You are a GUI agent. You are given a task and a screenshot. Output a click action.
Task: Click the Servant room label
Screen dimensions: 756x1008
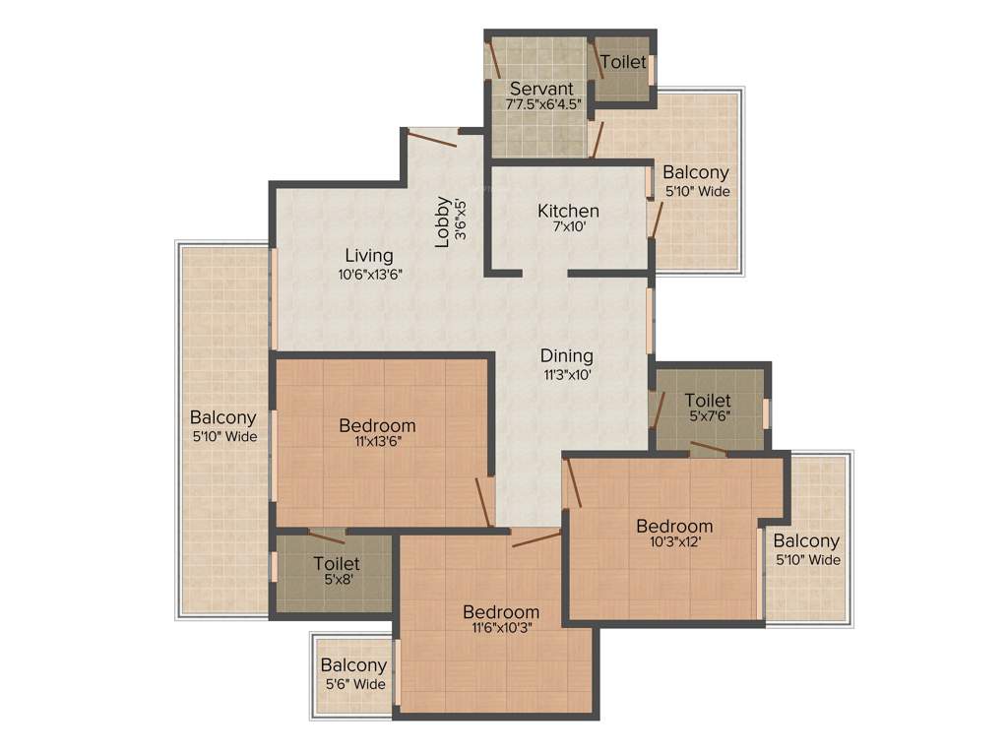click(x=541, y=89)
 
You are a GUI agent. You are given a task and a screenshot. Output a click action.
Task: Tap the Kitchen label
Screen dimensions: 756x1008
click(x=568, y=211)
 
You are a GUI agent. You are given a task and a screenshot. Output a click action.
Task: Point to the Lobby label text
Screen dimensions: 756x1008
click(x=443, y=222)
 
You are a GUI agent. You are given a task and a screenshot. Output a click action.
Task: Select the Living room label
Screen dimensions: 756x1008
click(x=369, y=257)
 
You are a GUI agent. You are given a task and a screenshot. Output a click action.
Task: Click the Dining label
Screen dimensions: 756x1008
click(x=566, y=355)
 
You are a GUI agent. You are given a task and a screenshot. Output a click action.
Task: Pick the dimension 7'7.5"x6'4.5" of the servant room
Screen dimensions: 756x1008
click(x=543, y=103)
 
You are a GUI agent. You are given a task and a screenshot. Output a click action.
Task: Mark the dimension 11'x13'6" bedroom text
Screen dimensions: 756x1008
click(x=377, y=442)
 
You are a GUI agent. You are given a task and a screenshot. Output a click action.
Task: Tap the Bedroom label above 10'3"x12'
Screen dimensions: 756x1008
click(x=673, y=526)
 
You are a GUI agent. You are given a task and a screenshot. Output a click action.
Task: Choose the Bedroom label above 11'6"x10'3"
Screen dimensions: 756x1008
click(x=501, y=611)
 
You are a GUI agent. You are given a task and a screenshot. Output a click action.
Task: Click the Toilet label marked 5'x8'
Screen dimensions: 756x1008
click(x=336, y=564)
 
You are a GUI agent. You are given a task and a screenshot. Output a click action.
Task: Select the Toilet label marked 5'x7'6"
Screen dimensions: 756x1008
click(x=708, y=400)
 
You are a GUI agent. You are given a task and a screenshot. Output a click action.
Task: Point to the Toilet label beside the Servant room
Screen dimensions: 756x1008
click(x=623, y=62)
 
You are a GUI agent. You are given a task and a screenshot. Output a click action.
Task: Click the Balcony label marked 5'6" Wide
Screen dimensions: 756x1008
click(x=353, y=666)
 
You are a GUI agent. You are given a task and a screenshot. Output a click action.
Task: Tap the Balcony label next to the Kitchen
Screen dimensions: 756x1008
click(x=696, y=173)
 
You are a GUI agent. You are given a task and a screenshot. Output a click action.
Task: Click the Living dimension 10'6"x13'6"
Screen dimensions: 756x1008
click(x=369, y=275)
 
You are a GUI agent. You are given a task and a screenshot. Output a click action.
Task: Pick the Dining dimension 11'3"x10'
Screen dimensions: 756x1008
click(x=566, y=373)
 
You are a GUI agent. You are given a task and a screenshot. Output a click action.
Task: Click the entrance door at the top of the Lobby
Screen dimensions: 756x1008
click(x=433, y=137)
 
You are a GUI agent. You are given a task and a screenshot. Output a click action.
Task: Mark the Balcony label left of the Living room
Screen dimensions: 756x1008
click(x=223, y=417)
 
